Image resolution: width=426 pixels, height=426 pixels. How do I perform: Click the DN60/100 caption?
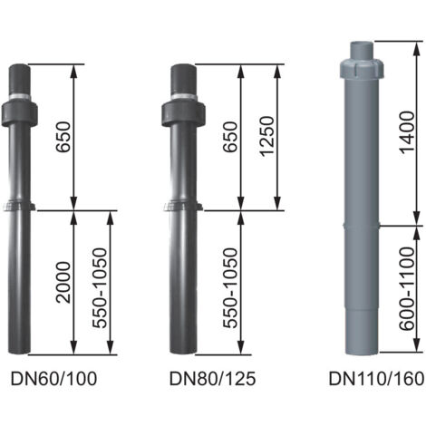click(53, 379)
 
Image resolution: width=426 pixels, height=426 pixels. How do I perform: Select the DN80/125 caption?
click(212, 379)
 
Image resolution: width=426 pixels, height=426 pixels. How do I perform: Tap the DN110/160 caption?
click(376, 379)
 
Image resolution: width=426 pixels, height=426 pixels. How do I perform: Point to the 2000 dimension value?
click(63, 282)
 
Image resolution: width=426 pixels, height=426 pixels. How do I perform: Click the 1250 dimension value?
click(266, 136)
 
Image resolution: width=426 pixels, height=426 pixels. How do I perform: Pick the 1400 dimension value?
click(407, 132)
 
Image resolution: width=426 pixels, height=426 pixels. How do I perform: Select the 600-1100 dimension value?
click(407, 288)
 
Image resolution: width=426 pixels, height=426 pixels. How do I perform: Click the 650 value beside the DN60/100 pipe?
click(63, 137)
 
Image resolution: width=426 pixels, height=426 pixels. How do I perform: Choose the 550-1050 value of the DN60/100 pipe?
click(100, 288)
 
